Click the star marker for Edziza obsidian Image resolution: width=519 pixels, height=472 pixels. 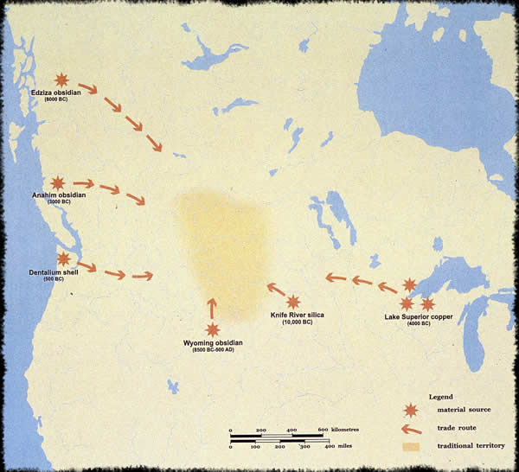(x=61, y=80)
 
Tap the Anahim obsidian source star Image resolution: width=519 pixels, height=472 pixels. (x=58, y=182)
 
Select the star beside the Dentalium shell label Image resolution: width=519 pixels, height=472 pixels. (x=63, y=258)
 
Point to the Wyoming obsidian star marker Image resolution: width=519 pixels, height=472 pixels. (x=213, y=329)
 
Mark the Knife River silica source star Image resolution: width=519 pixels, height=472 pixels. (x=294, y=302)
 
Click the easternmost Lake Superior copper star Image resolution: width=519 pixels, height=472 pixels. (x=427, y=303)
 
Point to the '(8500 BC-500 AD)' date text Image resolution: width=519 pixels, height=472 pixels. (x=214, y=351)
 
